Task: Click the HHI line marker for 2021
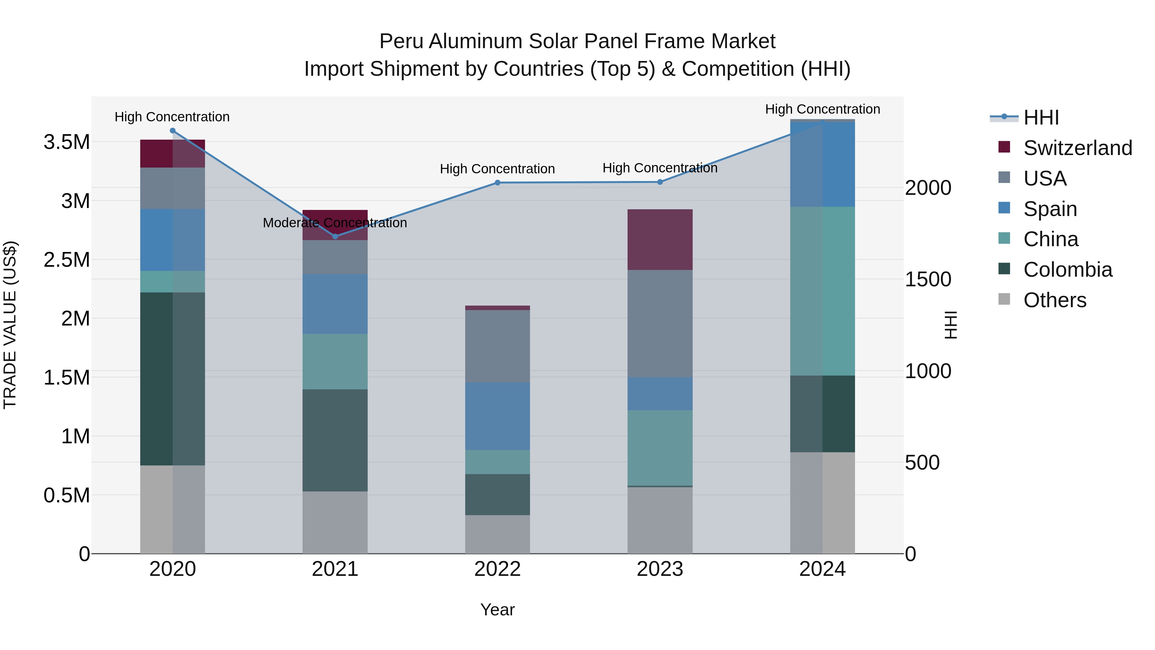tap(335, 236)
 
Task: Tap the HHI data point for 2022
tap(497, 183)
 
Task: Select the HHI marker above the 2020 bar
tap(173, 131)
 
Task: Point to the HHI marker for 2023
tap(660, 182)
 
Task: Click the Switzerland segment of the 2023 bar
tap(660, 239)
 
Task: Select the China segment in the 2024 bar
tap(822, 291)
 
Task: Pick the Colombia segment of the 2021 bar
tap(335, 440)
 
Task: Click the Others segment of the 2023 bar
tap(660, 520)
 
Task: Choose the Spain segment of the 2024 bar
tap(822, 164)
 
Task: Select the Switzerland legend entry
tap(1077, 148)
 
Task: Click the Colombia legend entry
tap(1067, 270)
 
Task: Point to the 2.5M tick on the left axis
tap(67, 260)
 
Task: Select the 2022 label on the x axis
tap(497, 569)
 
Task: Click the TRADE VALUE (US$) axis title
tap(10, 325)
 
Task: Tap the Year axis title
tap(497, 610)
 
